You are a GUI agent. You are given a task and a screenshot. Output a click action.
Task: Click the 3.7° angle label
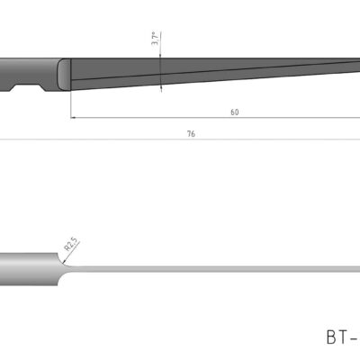(155, 39)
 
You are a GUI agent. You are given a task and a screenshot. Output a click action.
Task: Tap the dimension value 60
(235, 112)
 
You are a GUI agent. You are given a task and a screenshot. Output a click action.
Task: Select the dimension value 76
(191, 133)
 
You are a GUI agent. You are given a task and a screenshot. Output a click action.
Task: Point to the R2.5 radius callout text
(70, 244)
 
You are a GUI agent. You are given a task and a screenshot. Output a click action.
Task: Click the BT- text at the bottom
(342, 337)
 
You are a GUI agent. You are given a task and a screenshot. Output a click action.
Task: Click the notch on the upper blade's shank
(28, 88)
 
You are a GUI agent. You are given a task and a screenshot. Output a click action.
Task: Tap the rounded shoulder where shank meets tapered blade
(63, 73)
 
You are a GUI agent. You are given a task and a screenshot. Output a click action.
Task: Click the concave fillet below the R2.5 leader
(66, 259)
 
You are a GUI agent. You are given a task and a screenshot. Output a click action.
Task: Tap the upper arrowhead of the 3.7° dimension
(160, 55)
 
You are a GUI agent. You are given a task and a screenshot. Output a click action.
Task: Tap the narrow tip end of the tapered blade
(355, 64)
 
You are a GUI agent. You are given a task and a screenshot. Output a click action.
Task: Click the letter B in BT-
(330, 337)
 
